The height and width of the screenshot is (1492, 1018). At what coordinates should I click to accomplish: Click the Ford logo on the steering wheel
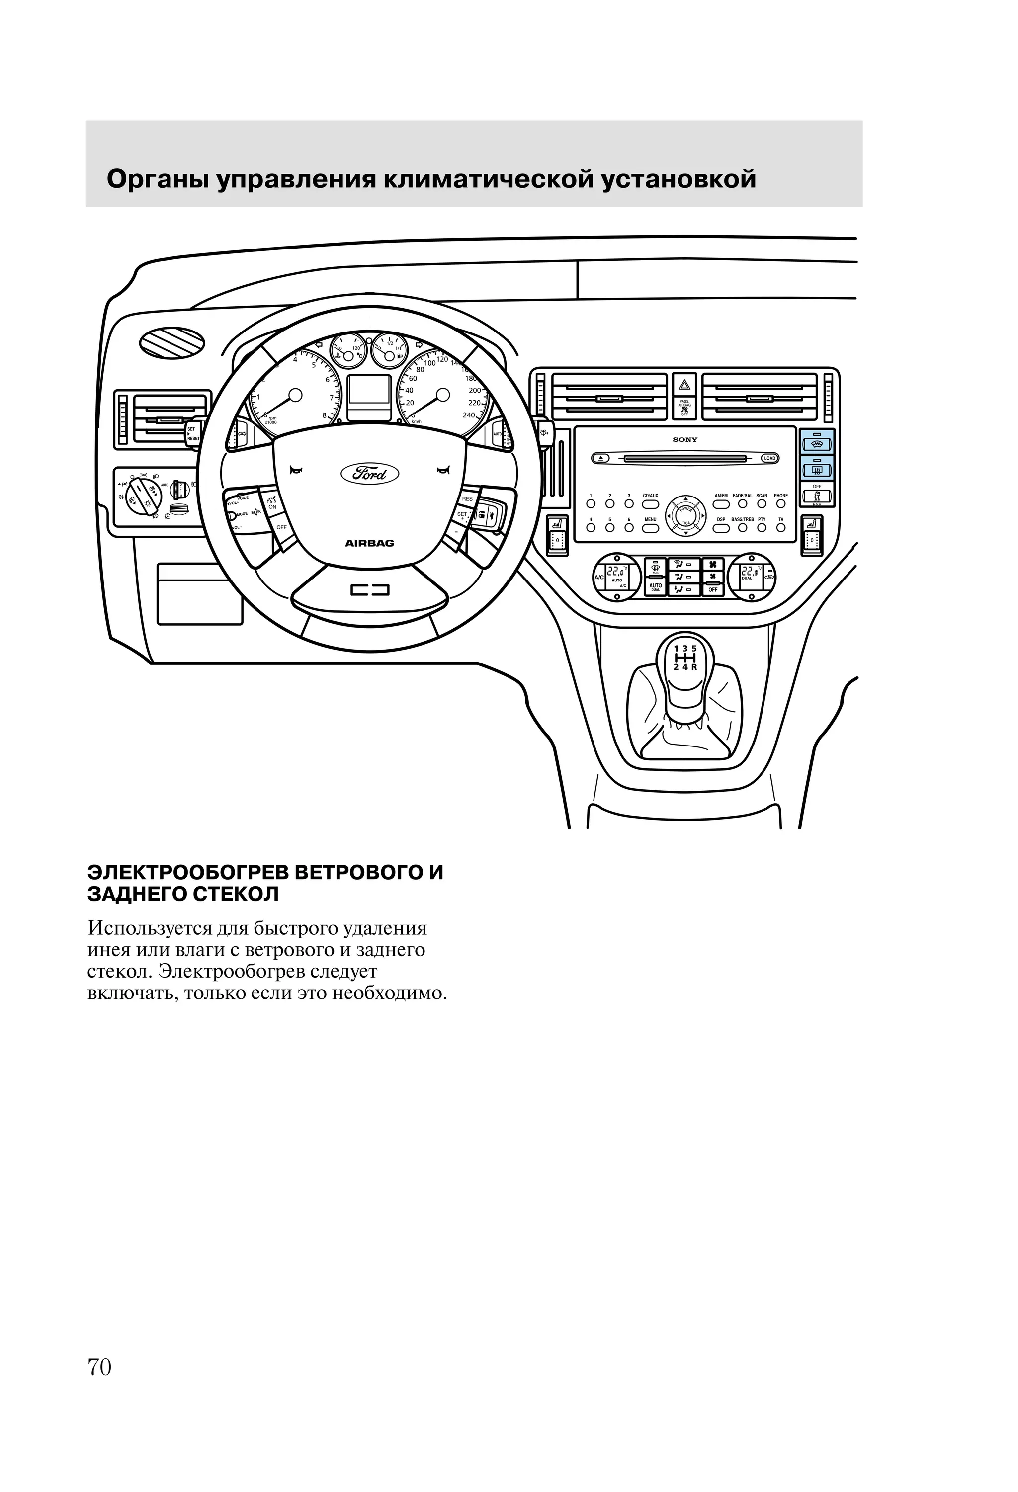[369, 474]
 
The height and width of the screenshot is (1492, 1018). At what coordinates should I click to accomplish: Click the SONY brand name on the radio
[684, 440]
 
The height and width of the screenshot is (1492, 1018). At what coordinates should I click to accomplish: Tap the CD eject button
[600, 458]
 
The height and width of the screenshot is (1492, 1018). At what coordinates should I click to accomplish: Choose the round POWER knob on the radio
[686, 515]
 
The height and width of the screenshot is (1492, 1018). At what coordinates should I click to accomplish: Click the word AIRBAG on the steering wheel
[369, 543]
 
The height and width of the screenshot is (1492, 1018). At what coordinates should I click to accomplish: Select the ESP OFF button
[816, 497]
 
